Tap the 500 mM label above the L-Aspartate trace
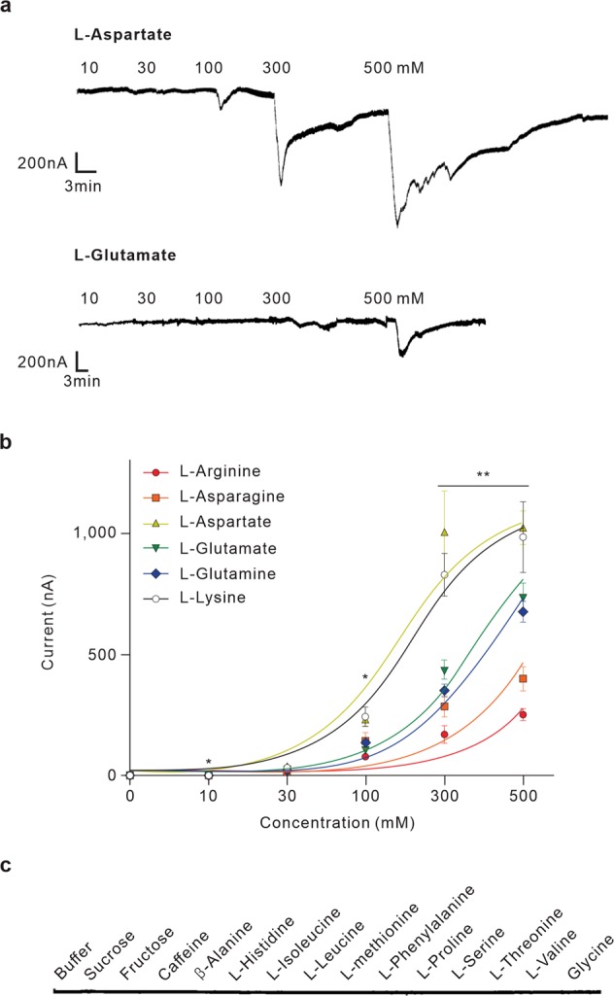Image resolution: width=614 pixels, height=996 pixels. point(393,68)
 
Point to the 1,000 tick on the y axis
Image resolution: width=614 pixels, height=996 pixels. point(98,533)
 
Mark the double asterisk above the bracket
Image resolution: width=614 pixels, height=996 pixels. point(483,475)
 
